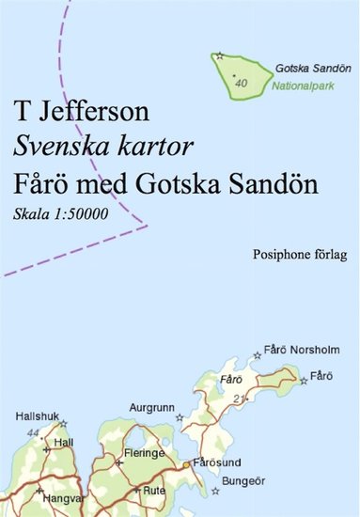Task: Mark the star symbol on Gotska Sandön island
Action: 220,57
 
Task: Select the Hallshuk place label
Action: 37,415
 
